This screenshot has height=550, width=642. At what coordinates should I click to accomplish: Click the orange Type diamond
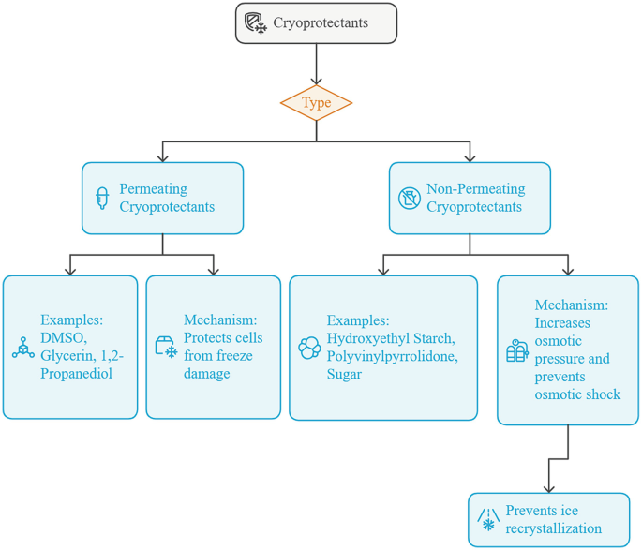(x=316, y=103)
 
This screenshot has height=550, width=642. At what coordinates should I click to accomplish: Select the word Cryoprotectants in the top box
(x=321, y=22)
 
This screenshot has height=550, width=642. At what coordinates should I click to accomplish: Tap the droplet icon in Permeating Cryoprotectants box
(x=103, y=198)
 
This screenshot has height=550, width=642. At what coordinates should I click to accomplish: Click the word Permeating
(x=153, y=188)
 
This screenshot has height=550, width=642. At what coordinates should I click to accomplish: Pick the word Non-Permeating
(x=476, y=188)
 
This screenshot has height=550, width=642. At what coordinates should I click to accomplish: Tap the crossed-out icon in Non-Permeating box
(x=409, y=198)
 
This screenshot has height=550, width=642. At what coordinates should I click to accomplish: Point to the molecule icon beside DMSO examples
(x=23, y=348)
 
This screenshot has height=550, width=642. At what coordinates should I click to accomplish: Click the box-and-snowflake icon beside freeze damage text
(x=166, y=348)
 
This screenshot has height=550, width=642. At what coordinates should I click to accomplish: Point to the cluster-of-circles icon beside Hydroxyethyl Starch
(x=309, y=348)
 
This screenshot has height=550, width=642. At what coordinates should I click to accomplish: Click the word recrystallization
(x=553, y=528)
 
